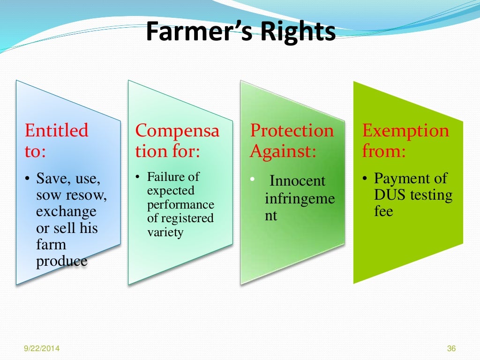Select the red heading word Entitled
(x=56, y=130)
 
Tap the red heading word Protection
(x=292, y=130)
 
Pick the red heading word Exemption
(x=405, y=130)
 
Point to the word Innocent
(x=297, y=181)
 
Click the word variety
(x=165, y=232)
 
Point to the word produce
(x=61, y=261)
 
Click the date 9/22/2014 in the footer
(x=42, y=348)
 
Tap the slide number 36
(x=451, y=348)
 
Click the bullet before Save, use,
(x=27, y=179)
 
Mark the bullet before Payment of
(x=365, y=179)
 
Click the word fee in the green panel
(x=383, y=211)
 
